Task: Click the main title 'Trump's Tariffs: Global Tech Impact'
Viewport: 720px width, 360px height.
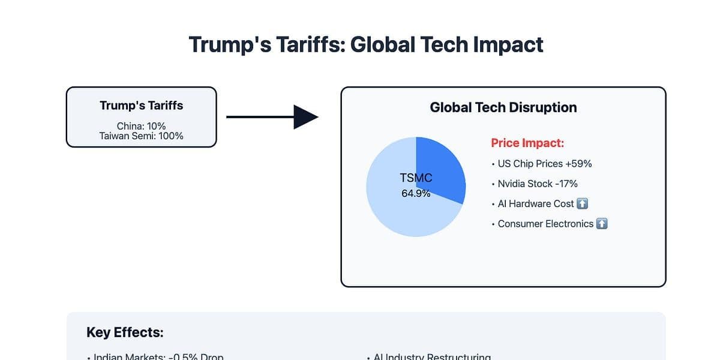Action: (366, 45)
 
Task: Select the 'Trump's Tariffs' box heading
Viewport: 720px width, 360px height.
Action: (141, 106)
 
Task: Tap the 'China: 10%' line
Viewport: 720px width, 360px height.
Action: (141, 126)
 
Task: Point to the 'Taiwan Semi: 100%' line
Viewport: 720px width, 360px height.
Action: (141, 136)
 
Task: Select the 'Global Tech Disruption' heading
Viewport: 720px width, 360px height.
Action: (503, 108)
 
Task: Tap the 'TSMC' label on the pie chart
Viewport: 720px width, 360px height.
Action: (416, 178)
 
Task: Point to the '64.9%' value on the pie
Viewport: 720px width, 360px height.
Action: (416, 194)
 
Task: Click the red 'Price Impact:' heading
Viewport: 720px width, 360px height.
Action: (527, 143)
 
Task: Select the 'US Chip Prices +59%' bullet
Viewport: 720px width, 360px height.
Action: (545, 164)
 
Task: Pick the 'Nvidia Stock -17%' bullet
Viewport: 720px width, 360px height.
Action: (538, 184)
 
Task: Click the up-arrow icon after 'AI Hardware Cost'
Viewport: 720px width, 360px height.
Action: (582, 204)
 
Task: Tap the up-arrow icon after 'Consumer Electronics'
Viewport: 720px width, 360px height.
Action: (602, 224)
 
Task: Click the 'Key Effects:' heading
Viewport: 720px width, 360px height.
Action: (125, 332)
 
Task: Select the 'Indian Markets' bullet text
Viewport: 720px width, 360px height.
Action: (158, 356)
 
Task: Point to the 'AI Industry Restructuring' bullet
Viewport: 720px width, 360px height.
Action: (432, 356)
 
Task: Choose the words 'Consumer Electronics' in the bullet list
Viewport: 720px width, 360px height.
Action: (545, 224)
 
